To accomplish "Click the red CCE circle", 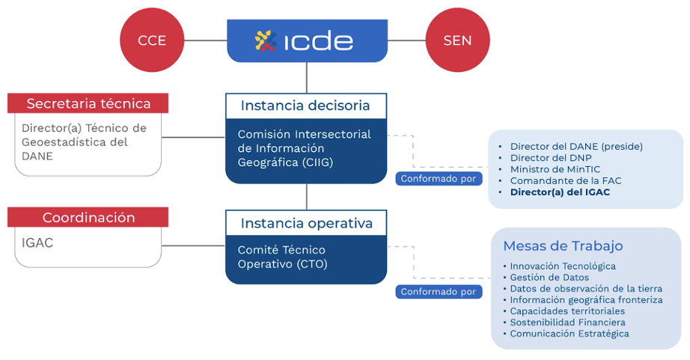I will click(153, 40).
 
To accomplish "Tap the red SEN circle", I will click(457, 40).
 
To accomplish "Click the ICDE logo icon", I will click(266, 40).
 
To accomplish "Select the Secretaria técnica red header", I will click(88, 103).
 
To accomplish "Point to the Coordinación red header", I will click(88, 218).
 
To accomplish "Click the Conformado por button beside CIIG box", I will click(438, 179).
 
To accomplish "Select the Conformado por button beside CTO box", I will click(438, 292).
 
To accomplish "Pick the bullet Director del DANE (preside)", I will click(576, 147).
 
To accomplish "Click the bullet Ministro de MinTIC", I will click(555, 169).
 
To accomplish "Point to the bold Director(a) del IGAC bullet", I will click(560, 192).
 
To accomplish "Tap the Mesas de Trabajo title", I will click(563, 246).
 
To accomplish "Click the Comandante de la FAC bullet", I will click(565, 180).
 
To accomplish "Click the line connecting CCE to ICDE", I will click(206, 40).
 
